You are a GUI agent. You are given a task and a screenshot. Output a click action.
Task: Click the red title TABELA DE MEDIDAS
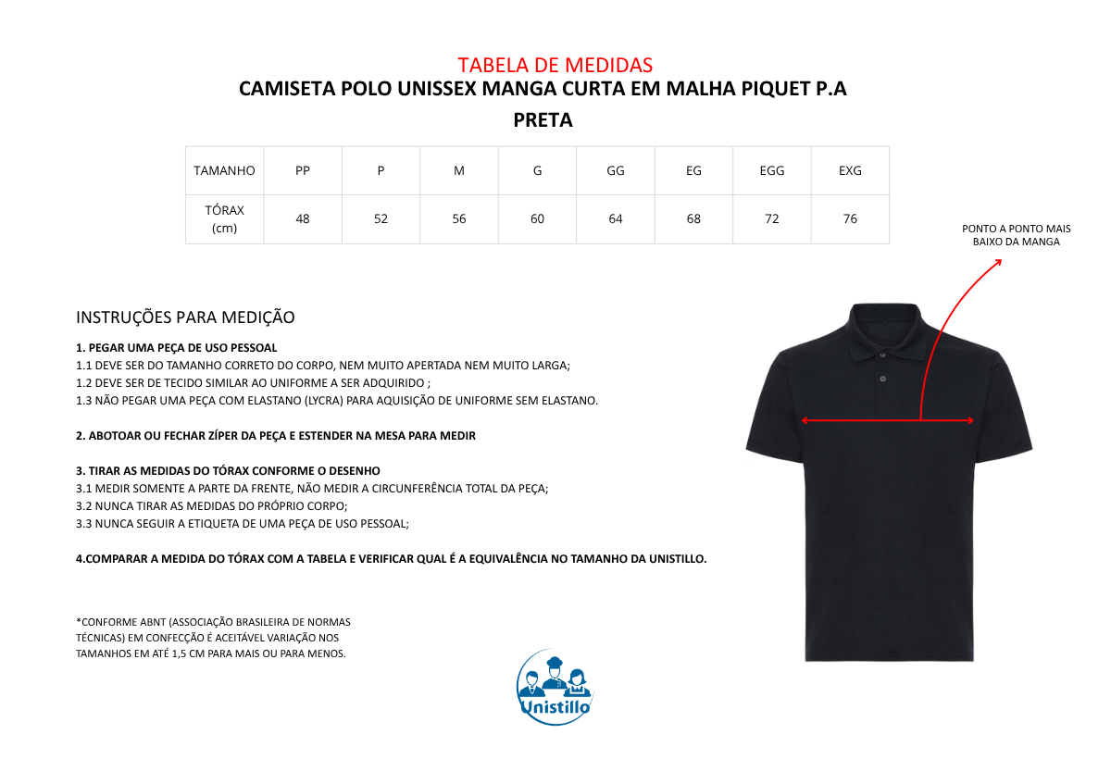555,65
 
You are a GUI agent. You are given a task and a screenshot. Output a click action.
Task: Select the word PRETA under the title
543,120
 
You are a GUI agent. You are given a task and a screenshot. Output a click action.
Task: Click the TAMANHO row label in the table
224,170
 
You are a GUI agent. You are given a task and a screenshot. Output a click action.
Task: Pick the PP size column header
303,170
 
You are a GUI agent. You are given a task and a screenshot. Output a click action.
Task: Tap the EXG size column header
850,170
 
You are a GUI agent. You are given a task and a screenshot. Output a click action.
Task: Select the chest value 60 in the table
537,219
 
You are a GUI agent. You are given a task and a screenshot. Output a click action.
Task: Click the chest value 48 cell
303,219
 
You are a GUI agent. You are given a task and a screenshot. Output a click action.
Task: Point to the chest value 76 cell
850,219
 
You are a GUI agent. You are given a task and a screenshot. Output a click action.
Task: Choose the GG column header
616,170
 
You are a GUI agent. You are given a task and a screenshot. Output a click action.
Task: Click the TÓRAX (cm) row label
224,219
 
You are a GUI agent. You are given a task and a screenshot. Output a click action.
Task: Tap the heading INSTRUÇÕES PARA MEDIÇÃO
185,317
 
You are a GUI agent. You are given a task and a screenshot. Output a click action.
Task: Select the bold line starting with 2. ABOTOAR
276,436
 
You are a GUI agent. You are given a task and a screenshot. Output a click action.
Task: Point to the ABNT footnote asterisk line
213,622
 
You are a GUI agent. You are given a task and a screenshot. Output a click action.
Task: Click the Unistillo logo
555,687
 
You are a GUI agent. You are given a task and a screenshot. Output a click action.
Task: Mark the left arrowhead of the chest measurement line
804,420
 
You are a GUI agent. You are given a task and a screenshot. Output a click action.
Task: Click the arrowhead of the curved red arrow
999,263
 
